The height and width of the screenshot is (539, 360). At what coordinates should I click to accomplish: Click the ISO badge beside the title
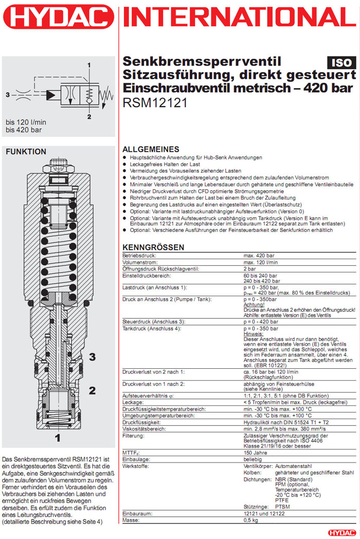pos(340,63)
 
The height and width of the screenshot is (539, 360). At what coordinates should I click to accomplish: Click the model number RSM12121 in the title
pos(155,102)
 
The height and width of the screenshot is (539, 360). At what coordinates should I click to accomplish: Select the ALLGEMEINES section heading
pos(151,149)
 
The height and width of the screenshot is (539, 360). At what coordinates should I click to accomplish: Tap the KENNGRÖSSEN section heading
pos(153,247)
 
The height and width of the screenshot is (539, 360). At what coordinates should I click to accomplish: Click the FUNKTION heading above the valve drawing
pos(26,152)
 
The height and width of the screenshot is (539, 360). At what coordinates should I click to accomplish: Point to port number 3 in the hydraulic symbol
pos(7,95)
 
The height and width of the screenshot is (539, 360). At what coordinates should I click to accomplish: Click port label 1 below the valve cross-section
pos(58,438)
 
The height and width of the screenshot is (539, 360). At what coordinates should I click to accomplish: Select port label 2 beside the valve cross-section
pos(93,390)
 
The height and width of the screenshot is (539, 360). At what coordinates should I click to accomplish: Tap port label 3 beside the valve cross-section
pos(93,356)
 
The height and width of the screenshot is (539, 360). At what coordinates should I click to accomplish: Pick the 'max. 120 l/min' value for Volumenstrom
pos(261,262)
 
